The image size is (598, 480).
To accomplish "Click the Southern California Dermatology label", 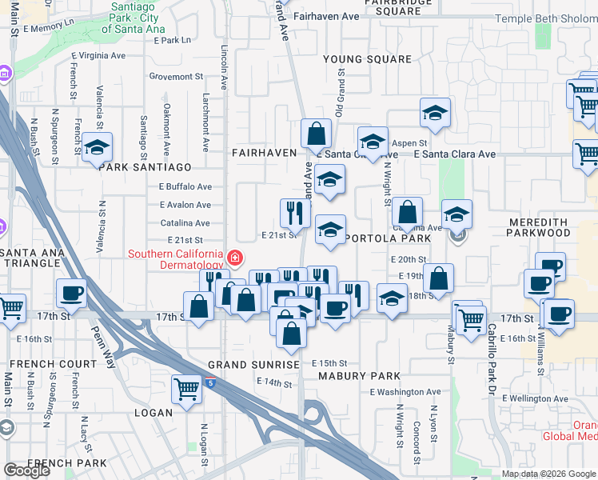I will [176, 259].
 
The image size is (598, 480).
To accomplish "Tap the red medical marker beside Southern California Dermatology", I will [235, 258].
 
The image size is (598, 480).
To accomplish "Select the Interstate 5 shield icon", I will [210, 384].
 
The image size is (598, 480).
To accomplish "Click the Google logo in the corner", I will [26, 470].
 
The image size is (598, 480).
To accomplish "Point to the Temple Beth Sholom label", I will [546, 19].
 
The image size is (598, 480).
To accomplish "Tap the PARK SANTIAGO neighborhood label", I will [145, 167].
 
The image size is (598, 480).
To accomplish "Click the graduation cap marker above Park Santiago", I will [97, 148].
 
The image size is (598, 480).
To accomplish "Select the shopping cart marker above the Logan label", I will [186, 390].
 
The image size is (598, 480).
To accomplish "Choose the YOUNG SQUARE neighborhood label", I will [367, 59].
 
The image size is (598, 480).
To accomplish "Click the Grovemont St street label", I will [176, 77].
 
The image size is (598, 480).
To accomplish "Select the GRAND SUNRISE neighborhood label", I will [253, 365].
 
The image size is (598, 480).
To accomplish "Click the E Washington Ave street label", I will [405, 392].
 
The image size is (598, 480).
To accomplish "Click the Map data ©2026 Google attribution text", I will [548, 474].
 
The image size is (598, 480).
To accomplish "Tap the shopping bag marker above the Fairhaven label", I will [317, 133].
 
